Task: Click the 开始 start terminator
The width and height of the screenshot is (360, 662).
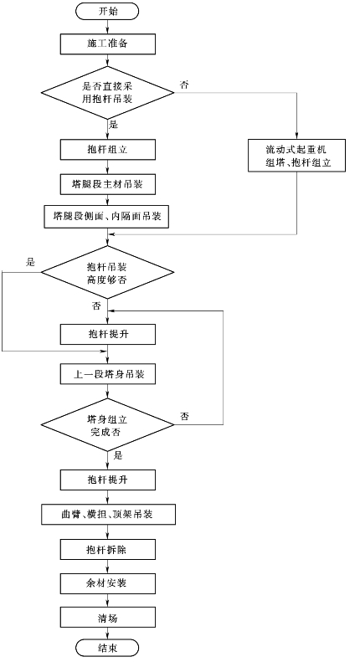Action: pos(107,12)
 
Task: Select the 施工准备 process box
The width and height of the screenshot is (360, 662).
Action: pos(108,44)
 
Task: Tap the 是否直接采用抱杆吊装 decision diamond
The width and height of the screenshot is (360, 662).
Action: pos(107,92)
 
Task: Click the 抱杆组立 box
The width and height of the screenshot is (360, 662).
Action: pos(108,150)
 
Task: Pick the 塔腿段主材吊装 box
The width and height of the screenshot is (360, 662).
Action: pos(108,184)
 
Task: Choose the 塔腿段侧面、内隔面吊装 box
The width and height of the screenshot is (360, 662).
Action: pos(108,217)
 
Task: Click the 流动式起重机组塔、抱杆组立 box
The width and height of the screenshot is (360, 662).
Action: pos(296,156)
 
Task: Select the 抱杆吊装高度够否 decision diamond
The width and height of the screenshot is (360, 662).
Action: pos(107,272)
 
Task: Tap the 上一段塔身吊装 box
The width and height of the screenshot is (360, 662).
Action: pos(108,374)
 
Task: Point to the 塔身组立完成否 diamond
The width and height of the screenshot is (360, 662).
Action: pos(107,424)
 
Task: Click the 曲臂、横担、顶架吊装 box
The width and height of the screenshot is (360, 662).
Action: pos(109,514)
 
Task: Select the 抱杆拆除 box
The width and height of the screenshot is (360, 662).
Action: pos(108,550)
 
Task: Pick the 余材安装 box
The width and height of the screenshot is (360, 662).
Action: pos(108,583)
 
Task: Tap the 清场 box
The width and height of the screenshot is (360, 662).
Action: pos(108,618)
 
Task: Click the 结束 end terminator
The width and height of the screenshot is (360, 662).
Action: pos(107,647)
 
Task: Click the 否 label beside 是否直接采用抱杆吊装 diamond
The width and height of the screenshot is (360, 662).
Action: pos(184,85)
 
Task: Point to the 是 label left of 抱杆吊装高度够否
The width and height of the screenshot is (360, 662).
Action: pos(30,263)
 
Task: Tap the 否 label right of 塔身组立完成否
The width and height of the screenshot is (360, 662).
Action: pos(184,417)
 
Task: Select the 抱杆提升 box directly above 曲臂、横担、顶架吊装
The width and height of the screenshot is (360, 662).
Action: pos(108,480)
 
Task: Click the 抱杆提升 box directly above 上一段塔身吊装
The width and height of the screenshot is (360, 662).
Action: pos(108,335)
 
